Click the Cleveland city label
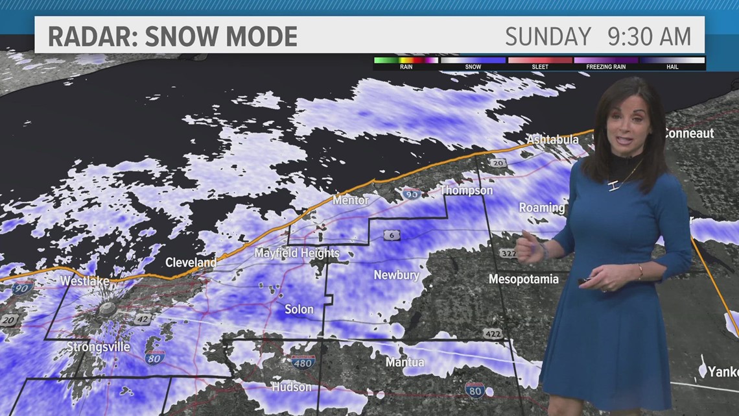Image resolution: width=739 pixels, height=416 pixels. pyautogui.click(x=191, y=263)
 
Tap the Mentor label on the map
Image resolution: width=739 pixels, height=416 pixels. pyautogui.click(x=350, y=201)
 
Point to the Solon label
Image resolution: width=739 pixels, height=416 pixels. pyautogui.click(x=299, y=310)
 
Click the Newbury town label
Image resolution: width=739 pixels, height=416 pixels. pyautogui.click(x=396, y=275)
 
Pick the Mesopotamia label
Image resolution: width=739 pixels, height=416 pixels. pyautogui.click(x=523, y=279)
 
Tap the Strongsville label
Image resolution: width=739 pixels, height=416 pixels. pyautogui.click(x=99, y=347)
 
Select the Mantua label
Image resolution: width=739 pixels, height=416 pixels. pyautogui.click(x=405, y=362)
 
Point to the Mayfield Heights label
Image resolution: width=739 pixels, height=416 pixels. pyautogui.click(x=297, y=253)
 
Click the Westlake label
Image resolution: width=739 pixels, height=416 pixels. pyautogui.click(x=84, y=281)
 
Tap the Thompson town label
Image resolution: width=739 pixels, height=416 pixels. pyautogui.click(x=466, y=190)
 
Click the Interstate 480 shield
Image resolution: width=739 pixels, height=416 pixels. pyautogui.click(x=303, y=361)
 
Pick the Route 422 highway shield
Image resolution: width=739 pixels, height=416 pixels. pyautogui.click(x=492, y=334)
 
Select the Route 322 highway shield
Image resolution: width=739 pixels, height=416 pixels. pyautogui.click(x=508, y=252)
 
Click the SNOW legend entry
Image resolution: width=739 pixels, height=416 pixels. pyautogui.click(x=473, y=67)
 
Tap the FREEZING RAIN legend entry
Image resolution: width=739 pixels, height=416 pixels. pyautogui.click(x=605, y=67)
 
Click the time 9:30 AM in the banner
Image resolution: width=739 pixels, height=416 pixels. pyautogui.click(x=650, y=36)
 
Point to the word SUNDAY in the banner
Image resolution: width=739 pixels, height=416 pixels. pyautogui.click(x=548, y=36)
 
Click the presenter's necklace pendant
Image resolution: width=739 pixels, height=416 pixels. pyautogui.click(x=612, y=187)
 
